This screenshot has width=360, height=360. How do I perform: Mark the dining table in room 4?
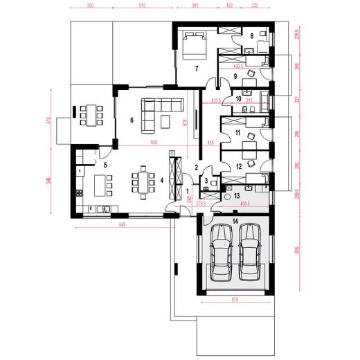click(143, 181)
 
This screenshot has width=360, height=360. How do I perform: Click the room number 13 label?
click(237, 197)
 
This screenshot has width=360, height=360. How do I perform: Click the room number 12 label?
click(237, 167)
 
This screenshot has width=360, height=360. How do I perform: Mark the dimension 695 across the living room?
click(154, 142)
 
